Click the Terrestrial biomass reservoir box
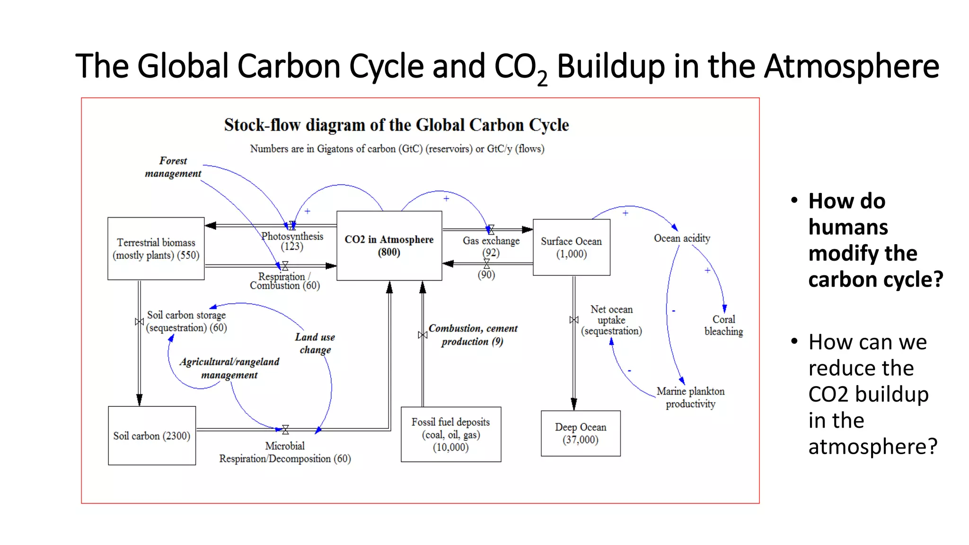tap(156, 248)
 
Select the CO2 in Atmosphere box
tap(389, 246)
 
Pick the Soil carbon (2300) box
tap(151, 436)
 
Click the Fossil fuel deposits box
tap(450, 434)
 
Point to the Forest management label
tap(173, 167)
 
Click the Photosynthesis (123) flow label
tap(292, 241)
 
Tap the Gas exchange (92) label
tap(491, 246)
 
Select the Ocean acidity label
tap(682, 238)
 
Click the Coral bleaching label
tap(723, 325)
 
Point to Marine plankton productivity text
tap(690, 397)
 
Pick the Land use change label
tap(315, 343)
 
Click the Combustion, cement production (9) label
tap(473, 334)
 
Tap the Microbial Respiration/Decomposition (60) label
tap(285, 452)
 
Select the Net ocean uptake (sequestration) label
tap(611, 320)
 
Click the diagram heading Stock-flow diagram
tap(396, 125)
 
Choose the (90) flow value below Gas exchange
tap(486, 274)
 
